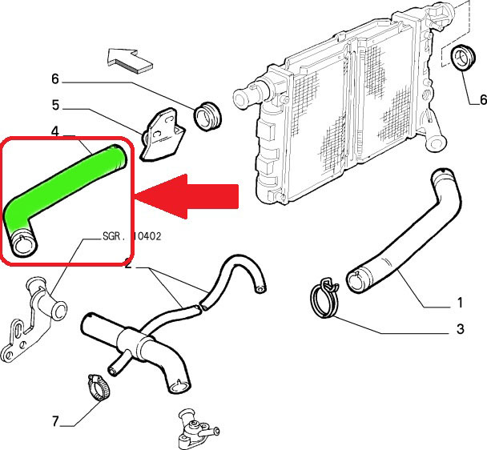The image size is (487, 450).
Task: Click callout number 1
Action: (x=460, y=303)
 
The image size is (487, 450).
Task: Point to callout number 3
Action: (x=460, y=328)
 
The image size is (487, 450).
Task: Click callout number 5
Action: (x=55, y=104)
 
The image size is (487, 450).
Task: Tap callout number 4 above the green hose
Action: (x=55, y=130)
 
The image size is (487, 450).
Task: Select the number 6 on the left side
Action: (x=55, y=78)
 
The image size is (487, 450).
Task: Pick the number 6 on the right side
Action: (x=482, y=100)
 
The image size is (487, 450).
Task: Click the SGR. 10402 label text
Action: (x=132, y=237)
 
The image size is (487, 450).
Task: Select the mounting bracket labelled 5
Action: (x=160, y=133)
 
